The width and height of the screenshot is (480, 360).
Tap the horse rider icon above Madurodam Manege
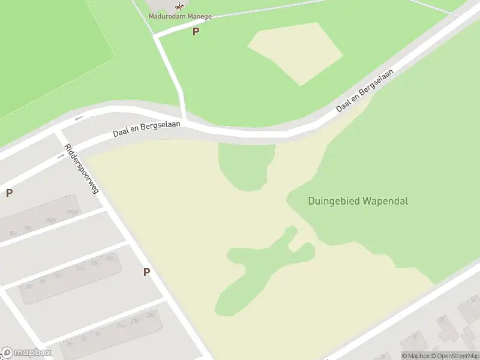point(178,5)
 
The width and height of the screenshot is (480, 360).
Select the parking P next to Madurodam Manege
point(195,32)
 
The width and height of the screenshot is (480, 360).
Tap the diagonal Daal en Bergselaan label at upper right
point(365,90)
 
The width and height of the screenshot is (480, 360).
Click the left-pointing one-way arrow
point(78,118)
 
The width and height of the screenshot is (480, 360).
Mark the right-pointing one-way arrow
point(61,157)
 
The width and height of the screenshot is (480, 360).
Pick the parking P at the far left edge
point(9,193)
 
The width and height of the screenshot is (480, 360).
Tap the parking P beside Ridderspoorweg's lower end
point(146,272)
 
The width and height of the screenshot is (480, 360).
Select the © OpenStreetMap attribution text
point(455,356)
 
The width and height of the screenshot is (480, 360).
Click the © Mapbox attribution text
point(415,356)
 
